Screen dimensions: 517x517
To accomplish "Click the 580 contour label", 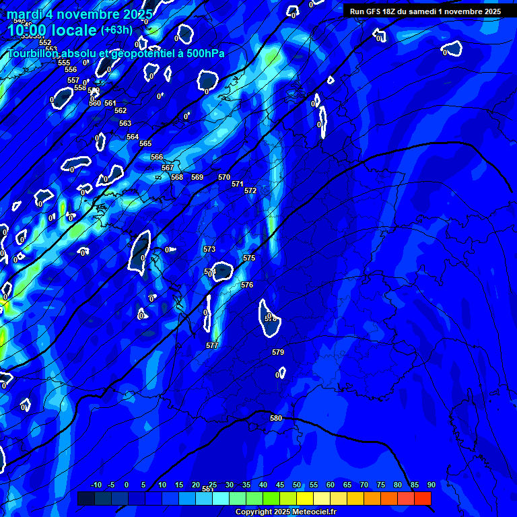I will coord(276,418).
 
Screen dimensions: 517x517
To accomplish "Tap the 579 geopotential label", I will coord(278,352).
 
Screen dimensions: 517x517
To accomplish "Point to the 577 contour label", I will coord(212,345).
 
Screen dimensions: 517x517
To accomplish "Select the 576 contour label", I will coord(247,285).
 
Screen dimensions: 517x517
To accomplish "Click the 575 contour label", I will coord(249,258).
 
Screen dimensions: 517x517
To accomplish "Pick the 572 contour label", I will coord(250,191).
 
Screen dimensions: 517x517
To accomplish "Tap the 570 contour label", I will coord(224,177).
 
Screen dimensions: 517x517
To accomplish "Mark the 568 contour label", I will coord(177,177).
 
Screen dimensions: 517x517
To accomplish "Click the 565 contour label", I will coord(145,143).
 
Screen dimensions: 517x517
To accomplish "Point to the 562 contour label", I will coord(120,110).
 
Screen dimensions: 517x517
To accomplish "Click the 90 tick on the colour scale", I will coord(431,485).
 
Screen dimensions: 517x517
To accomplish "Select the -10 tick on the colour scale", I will coord(96,485).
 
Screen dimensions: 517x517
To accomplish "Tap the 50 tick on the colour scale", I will coord(297,485).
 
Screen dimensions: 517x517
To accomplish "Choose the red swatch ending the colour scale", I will coord(423,498).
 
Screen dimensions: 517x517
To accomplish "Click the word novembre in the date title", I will coord(90,13).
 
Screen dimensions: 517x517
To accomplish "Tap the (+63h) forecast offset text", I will coord(116,30).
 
